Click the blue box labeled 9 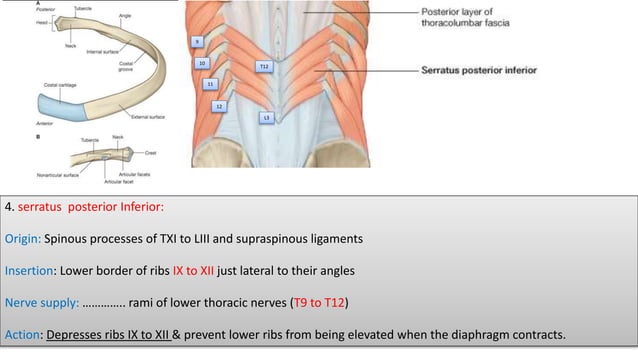point(197,41)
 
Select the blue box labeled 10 point(202,63)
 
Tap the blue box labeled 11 point(210,84)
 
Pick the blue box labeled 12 point(219,105)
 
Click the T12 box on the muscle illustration point(264,66)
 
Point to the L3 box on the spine point(266,118)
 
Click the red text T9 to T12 point(317,302)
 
